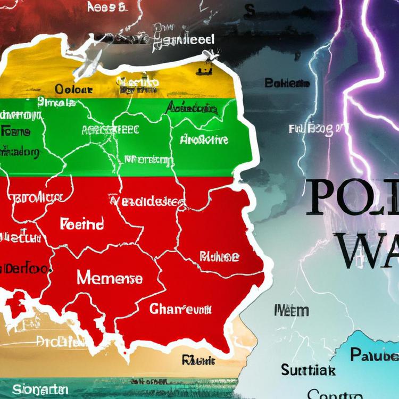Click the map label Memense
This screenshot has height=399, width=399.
[110, 278]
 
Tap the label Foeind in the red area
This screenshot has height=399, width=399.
[82, 223]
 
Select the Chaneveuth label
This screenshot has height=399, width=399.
[181, 309]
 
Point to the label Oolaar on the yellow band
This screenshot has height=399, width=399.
[74, 89]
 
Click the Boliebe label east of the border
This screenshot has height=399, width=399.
[287, 83]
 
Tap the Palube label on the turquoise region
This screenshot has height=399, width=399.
[375, 355]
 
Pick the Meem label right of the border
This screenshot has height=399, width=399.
[291, 310]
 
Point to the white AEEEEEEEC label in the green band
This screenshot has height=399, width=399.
[110, 129]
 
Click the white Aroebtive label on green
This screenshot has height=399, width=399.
[204, 140]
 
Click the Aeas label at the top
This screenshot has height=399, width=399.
[106, 7]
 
